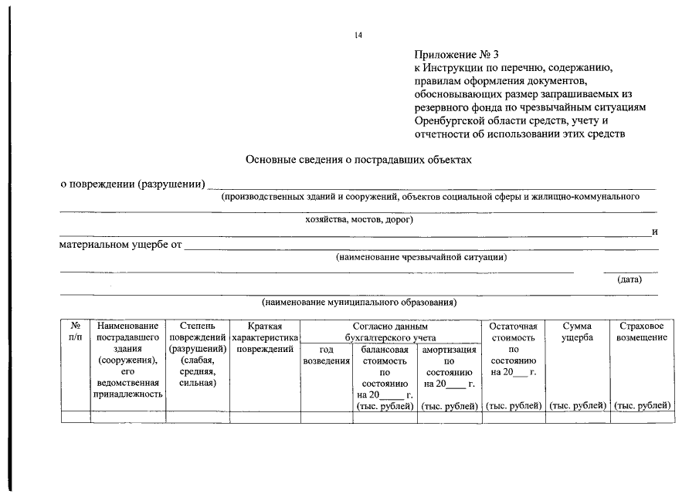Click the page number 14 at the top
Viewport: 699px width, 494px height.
pyautogui.click(x=358, y=36)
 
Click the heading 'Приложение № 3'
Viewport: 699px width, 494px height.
pyautogui.click(x=456, y=54)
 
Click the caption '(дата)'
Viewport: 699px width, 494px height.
pyautogui.click(x=629, y=279)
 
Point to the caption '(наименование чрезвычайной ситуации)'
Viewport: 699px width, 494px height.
pyautogui.click(x=421, y=257)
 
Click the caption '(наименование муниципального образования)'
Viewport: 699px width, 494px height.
pyautogui.click(x=359, y=302)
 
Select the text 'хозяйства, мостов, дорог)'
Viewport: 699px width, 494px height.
pyautogui.click(x=359, y=219)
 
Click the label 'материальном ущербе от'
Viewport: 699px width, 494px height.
pyautogui.click(x=120, y=245)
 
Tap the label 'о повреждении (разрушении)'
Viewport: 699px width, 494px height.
pyautogui.click(x=133, y=184)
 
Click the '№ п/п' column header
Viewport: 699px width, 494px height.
pyautogui.click(x=76, y=332)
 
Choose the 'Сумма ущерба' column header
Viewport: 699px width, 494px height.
pyautogui.click(x=577, y=332)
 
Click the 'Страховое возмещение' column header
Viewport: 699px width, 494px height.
pyautogui.click(x=641, y=332)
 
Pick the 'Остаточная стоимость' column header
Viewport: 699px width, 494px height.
pyautogui.click(x=513, y=332)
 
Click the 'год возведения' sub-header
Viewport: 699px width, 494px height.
pyautogui.click(x=326, y=355)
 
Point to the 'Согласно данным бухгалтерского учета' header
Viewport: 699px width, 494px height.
pyautogui.click(x=390, y=332)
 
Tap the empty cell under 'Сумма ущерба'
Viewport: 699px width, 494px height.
pyautogui.click(x=577, y=418)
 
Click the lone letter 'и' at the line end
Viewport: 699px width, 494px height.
pyautogui.click(x=654, y=232)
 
